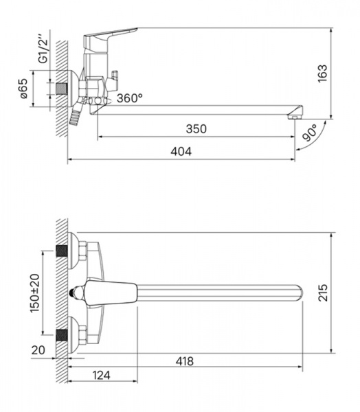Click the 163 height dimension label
point(323,73)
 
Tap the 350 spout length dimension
point(196,129)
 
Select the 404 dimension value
point(181,152)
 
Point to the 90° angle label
point(310,133)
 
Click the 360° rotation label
point(130,98)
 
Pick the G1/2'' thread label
point(43,48)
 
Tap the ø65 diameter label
point(23,89)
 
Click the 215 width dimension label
point(323,293)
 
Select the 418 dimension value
point(185,361)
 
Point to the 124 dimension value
point(101,375)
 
